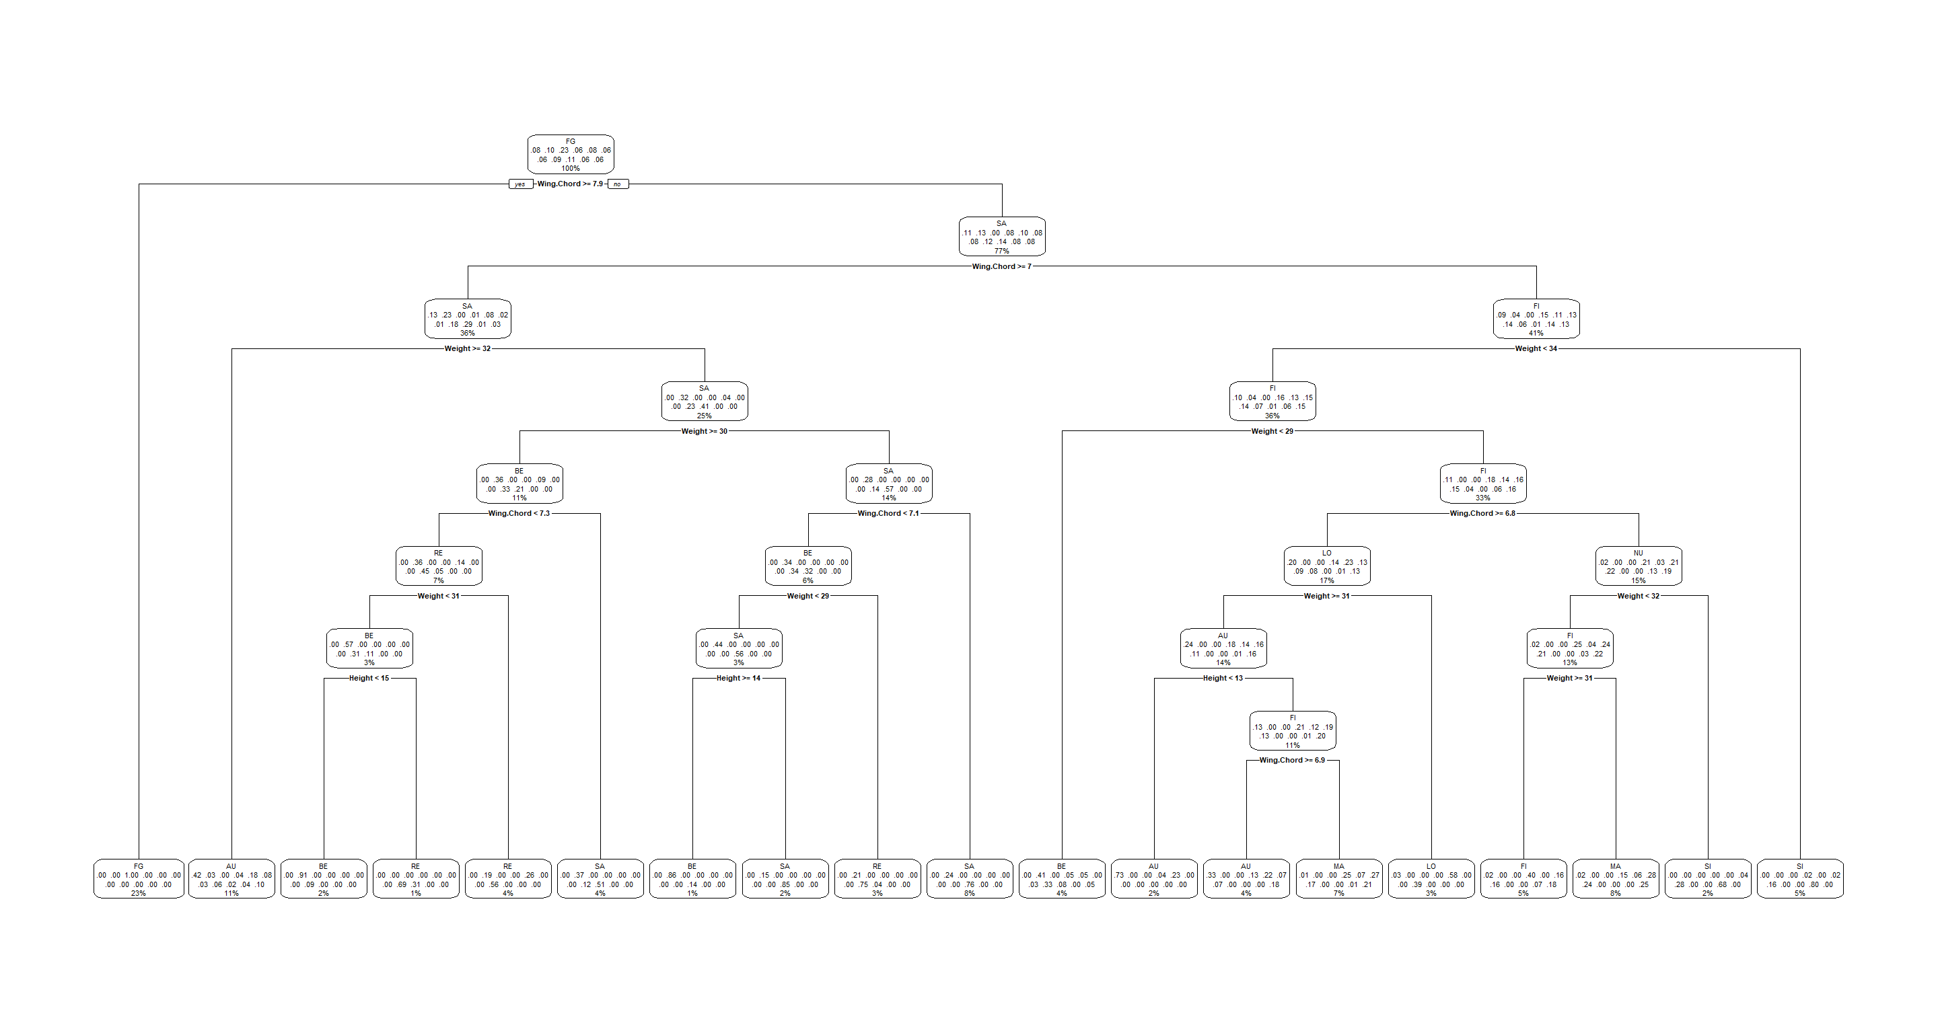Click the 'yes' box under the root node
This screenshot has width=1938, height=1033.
[x=521, y=184]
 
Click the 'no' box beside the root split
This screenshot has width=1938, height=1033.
[x=618, y=184]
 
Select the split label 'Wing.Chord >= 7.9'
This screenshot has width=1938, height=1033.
[x=570, y=184]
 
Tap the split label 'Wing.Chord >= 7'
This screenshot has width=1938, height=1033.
[x=1001, y=267]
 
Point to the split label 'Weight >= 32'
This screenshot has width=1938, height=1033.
[x=467, y=349]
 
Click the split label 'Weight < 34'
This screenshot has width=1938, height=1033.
[x=1536, y=349]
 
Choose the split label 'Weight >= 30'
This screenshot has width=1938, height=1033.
[x=704, y=432]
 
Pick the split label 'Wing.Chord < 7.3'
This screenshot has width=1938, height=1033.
[x=519, y=514]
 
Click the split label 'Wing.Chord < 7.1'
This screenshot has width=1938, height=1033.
[x=888, y=514]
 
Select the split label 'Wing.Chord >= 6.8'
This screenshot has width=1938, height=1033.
[x=1482, y=514]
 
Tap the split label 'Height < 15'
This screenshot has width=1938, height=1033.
[x=369, y=678]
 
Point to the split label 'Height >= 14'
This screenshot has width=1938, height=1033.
[x=738, y=678]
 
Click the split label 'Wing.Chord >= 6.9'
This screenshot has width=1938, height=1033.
[x=1293, y=760]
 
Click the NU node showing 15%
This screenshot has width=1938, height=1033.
[x=1639, y=566]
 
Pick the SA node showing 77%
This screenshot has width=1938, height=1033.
[x=1002, y=237]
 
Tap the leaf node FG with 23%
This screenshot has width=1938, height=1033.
[x=139, y=879]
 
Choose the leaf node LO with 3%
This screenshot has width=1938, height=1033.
[x=1431, y=879]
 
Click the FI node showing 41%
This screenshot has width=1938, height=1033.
[x=1536, y=319]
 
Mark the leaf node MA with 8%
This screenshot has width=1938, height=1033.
[x=1616, y=879]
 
